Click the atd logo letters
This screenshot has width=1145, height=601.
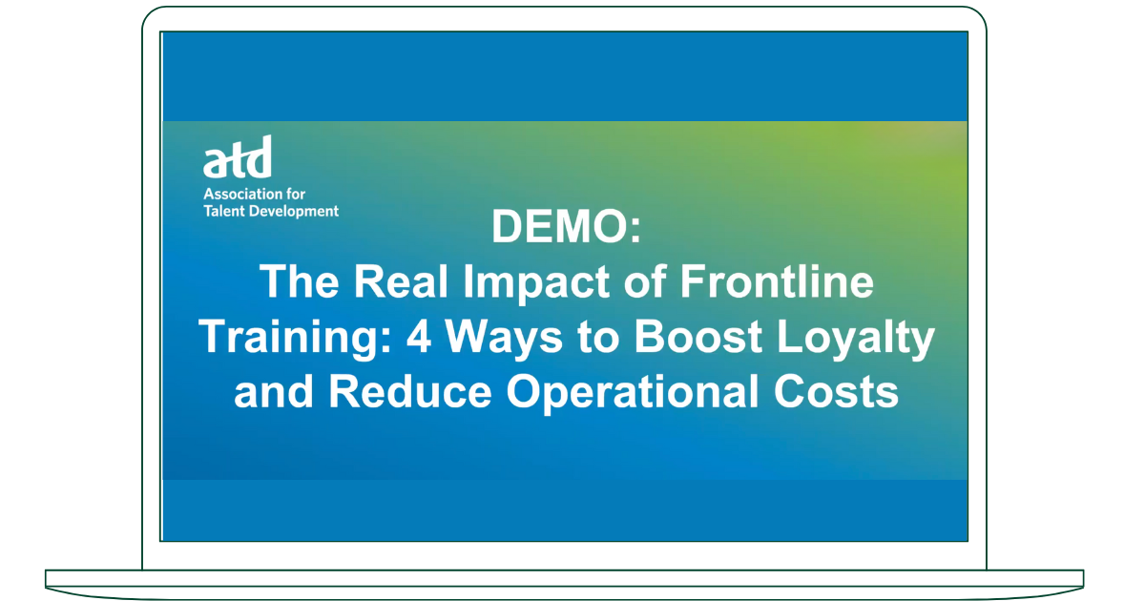237,158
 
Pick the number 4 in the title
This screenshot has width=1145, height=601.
425,339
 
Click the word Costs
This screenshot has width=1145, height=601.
845,393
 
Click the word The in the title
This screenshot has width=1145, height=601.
292,283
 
